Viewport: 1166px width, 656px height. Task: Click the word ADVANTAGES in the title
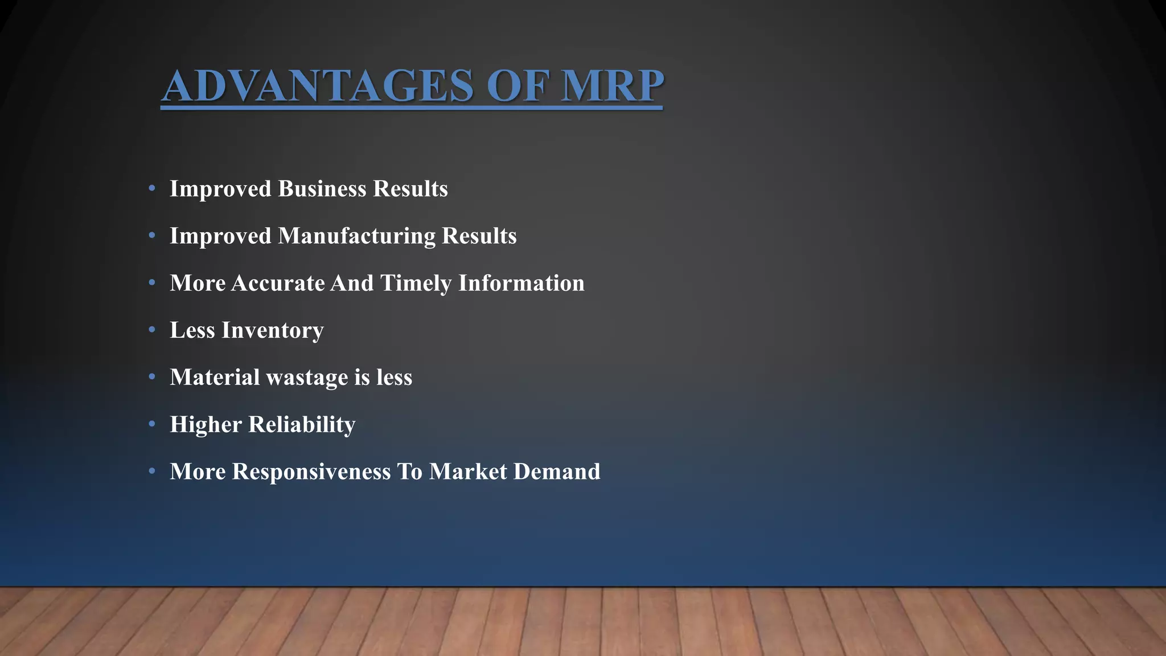pos(318,85)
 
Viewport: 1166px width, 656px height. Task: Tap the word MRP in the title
pos(612,85)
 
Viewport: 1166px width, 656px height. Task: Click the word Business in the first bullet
pos(322,188)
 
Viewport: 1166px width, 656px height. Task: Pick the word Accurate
pos(278,283)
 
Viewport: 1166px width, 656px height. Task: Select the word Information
pos(521,283)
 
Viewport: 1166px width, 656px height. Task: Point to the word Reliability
pos(302,424)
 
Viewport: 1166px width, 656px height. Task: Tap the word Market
pos(467,471)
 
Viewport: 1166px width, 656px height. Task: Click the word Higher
pos(206,424)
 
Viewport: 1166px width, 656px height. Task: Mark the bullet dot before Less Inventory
pos(151,329)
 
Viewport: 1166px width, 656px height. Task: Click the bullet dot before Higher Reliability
pos(151,424)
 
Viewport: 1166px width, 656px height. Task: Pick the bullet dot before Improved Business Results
pos(151,188)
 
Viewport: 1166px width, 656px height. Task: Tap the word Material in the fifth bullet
pos(215,377)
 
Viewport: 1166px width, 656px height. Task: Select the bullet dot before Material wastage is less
pos(151,376)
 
